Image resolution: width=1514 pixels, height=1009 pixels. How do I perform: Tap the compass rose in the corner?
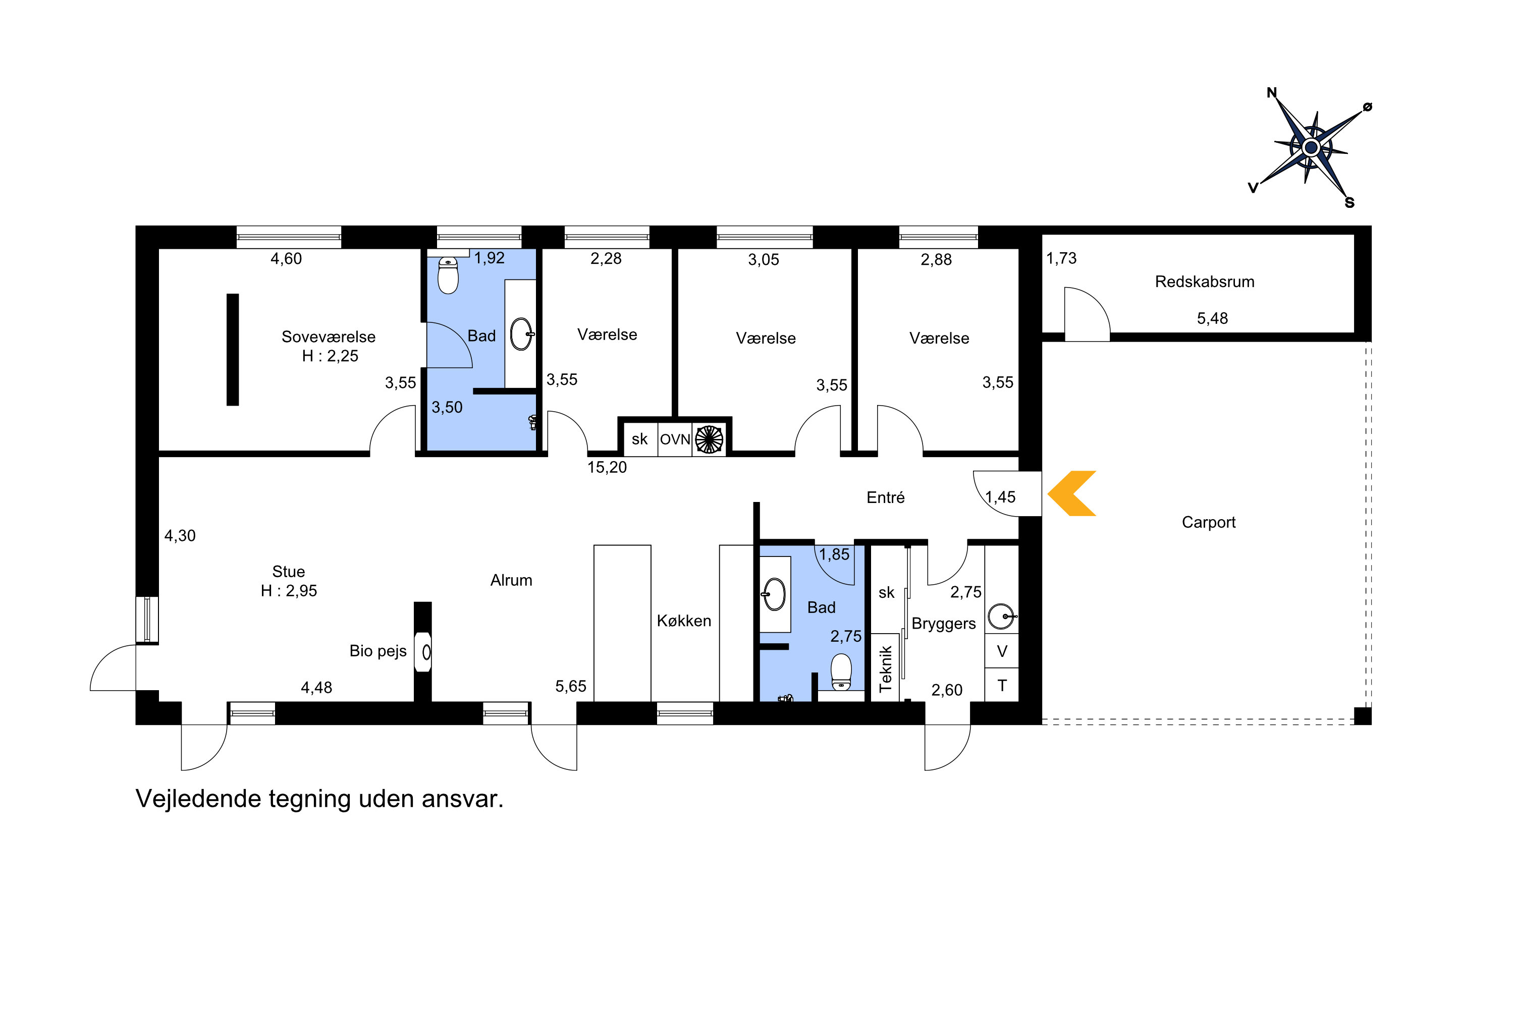coord(1311,148)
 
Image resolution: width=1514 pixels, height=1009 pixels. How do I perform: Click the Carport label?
coord(1208,523)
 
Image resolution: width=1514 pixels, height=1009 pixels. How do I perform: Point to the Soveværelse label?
coord(329,337)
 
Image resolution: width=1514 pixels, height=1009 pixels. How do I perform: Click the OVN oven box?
coord(675,439)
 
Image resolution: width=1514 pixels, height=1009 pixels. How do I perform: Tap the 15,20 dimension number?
coord(607,467)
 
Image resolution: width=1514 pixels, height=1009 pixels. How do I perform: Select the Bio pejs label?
coord(378,651)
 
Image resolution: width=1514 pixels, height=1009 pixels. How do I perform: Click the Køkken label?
coord(684,621)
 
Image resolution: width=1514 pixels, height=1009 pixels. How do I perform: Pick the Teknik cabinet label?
coord(886,668)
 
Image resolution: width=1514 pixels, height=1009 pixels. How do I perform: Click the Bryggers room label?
coord(944,624)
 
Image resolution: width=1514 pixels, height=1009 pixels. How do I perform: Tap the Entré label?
coord(885,497)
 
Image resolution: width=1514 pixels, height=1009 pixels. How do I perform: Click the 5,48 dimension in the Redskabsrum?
coord(1212,318)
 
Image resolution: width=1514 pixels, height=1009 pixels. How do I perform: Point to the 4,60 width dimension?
coord(286,259)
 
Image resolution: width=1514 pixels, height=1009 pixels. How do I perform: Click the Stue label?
coord(288,572)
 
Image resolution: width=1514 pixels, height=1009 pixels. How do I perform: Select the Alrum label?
coord(511,581)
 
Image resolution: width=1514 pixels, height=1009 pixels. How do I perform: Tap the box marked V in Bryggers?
coord(1002,651)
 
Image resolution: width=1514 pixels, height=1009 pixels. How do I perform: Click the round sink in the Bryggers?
coord(1001,616)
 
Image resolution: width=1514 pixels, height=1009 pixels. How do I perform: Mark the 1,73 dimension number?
coord(1061,259)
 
